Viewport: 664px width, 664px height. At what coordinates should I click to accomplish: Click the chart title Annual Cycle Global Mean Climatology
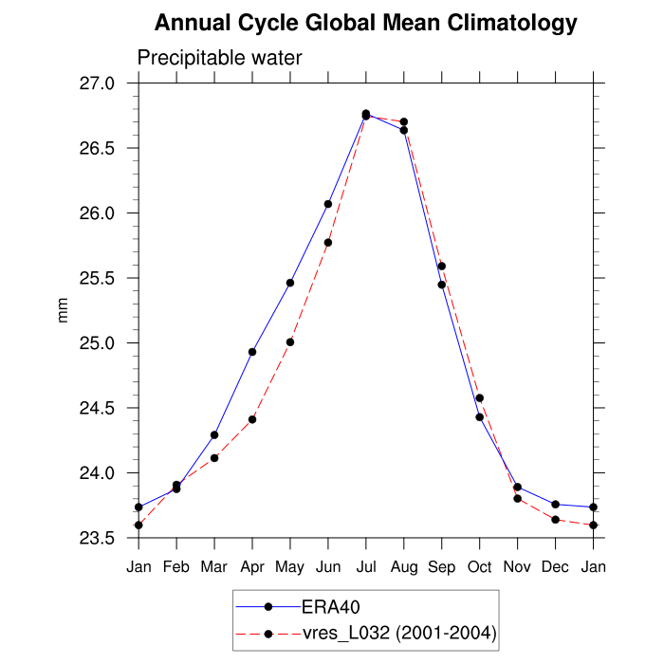(x=365, y=23)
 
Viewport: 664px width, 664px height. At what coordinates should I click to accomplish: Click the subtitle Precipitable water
(x=219, y=58)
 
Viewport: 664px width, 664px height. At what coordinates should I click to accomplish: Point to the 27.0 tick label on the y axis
(x=107, y=83)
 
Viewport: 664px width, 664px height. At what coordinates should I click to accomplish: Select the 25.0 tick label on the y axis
(x=107, y=343)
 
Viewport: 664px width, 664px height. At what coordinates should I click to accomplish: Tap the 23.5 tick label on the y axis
(x=107, y=538)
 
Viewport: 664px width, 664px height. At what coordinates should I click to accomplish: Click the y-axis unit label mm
(x=64, y=311)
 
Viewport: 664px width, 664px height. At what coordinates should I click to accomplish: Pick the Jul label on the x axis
(x=365, y=566)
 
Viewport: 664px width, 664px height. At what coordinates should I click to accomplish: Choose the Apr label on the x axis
(x=252, y=566)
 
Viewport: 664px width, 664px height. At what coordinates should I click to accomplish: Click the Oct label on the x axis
(x=479, y=566)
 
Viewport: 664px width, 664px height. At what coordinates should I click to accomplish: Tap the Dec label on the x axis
(x=555, y=566)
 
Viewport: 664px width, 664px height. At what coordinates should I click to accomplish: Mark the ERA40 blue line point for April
(x=252, y=352)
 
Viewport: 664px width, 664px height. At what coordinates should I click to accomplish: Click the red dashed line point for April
(x=252, y=419)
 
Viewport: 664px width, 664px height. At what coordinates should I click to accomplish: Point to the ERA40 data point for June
(x=328, y=204)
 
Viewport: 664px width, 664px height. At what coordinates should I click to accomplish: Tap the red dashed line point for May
(x=290, y=341)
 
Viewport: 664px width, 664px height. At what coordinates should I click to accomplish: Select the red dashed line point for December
(x=555, y=520)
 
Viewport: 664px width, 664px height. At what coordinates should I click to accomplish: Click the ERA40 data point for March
(x=214, y=435)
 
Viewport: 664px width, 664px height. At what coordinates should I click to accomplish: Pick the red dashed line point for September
(x=442, y=266)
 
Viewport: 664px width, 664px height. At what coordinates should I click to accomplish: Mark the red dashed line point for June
(x=328, y=243)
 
